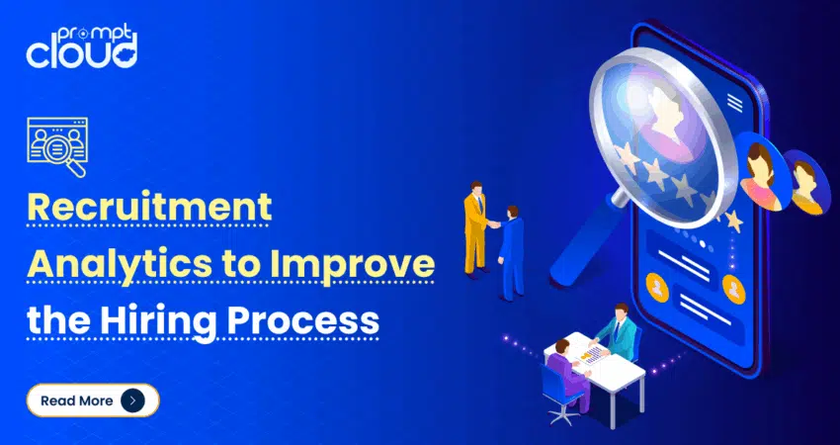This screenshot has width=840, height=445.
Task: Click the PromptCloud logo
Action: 81,47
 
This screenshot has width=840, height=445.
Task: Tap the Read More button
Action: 93,400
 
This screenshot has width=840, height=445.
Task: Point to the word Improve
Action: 352,264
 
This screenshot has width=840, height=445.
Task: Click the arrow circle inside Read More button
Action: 132,400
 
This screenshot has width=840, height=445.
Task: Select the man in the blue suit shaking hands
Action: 510,253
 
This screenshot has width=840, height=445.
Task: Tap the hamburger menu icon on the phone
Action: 735,102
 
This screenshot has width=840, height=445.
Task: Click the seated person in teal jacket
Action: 617,331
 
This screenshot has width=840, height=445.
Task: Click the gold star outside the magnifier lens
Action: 733,221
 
